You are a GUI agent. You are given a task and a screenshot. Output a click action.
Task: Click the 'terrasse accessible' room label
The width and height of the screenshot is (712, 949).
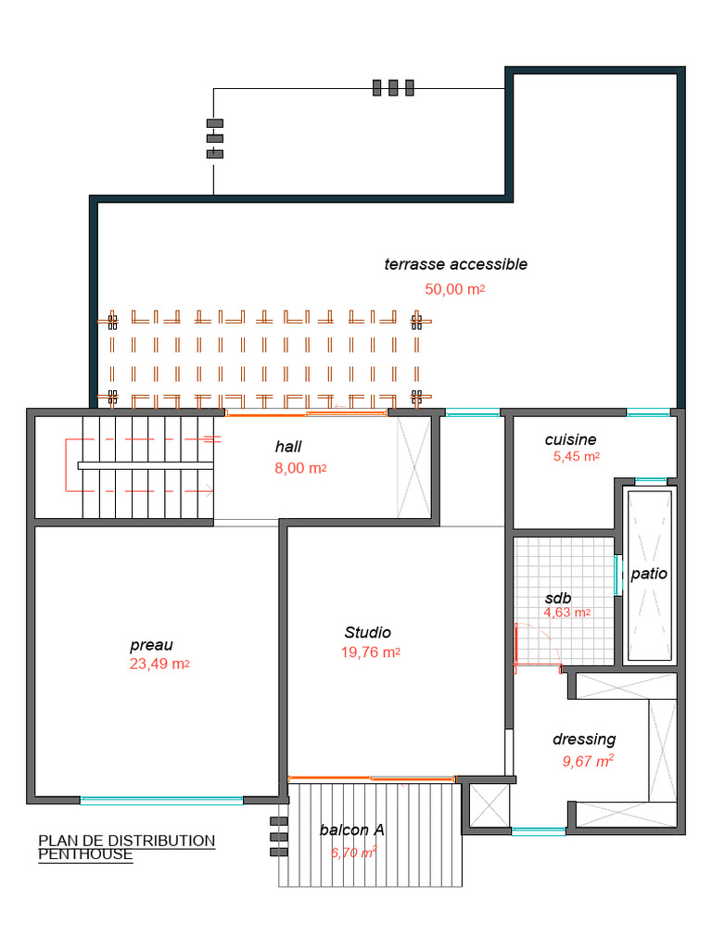point(455,264)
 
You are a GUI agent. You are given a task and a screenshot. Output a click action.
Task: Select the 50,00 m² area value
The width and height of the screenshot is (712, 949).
point(454,289)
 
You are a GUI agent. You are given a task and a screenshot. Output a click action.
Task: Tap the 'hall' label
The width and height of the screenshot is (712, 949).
point(288,447)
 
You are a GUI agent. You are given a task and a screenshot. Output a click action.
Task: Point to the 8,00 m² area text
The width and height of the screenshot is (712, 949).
point(299,469)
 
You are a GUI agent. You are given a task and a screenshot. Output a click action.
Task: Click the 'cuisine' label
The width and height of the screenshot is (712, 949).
point(570,440)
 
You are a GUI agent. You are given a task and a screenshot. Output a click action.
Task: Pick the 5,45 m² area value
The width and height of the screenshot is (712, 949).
point(576,457)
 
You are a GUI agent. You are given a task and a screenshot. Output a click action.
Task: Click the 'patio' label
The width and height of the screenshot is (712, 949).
point(649,574)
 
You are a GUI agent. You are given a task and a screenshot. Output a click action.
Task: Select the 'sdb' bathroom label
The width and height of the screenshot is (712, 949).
point(558,598)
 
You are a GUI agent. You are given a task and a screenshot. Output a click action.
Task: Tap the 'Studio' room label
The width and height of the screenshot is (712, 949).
point(368,633)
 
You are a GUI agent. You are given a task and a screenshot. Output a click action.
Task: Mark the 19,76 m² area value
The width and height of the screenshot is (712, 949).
point(370,652)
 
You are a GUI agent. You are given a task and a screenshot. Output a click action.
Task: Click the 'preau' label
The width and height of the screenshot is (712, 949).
point(151,645)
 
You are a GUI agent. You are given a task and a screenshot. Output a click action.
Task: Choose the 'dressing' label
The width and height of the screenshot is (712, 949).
point(584,740)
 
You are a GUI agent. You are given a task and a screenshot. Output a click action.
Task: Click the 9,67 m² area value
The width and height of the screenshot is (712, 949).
point(588,762)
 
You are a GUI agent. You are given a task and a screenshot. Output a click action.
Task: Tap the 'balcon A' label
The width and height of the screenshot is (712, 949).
point(351,830)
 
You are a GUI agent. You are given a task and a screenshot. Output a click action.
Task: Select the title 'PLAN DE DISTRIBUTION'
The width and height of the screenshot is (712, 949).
point(126,841)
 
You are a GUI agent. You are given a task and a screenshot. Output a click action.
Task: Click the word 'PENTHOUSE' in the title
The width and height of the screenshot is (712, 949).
point(85,854)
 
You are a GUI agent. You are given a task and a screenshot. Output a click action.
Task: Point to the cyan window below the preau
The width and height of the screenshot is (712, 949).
point(161,800)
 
